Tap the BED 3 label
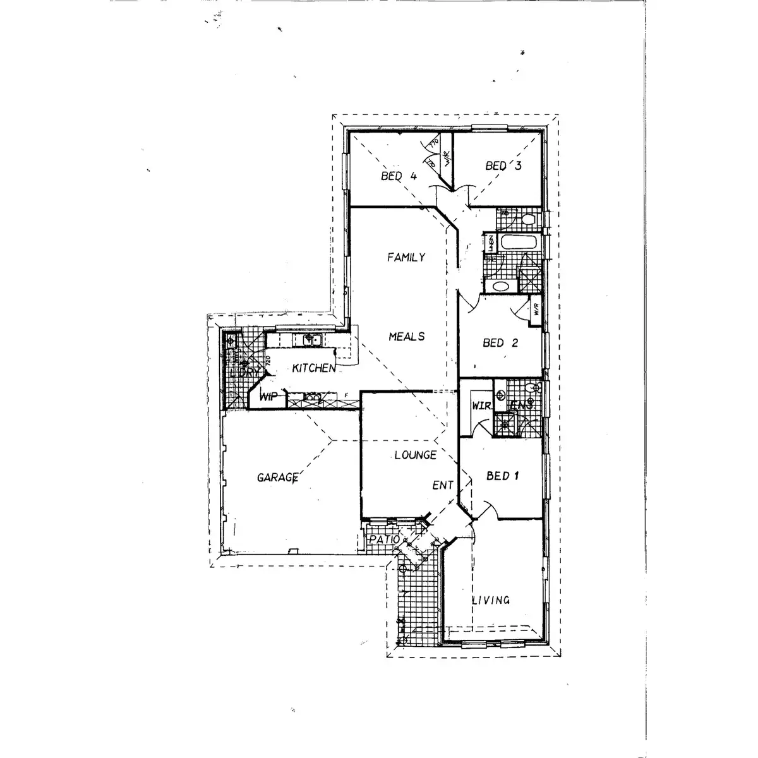point(503,166)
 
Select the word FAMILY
point(406,257)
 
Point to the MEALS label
point(406,336)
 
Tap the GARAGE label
point(277,478)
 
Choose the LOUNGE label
point(414,455)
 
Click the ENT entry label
point(443,485)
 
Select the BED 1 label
point(502,476)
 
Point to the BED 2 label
point(500,343)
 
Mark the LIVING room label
point(491,600)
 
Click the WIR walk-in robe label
point(482,406)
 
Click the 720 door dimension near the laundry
point(269,362)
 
